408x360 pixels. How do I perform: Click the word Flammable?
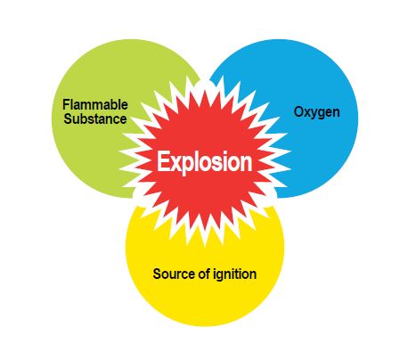coord(95,104)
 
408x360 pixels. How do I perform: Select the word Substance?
coord(95,119)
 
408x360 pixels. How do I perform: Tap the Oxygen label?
coord(317,112)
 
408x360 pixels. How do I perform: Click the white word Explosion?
coord(205,161)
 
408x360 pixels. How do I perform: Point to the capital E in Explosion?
coord(163,161)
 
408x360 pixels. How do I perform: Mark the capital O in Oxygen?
coord(298,112)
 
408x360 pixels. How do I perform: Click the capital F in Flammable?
coord(66,104)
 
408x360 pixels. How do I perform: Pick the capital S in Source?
coord(157,274)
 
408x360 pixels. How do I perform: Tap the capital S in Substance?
coord(68,119)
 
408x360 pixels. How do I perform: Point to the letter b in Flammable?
coord(113,104)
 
